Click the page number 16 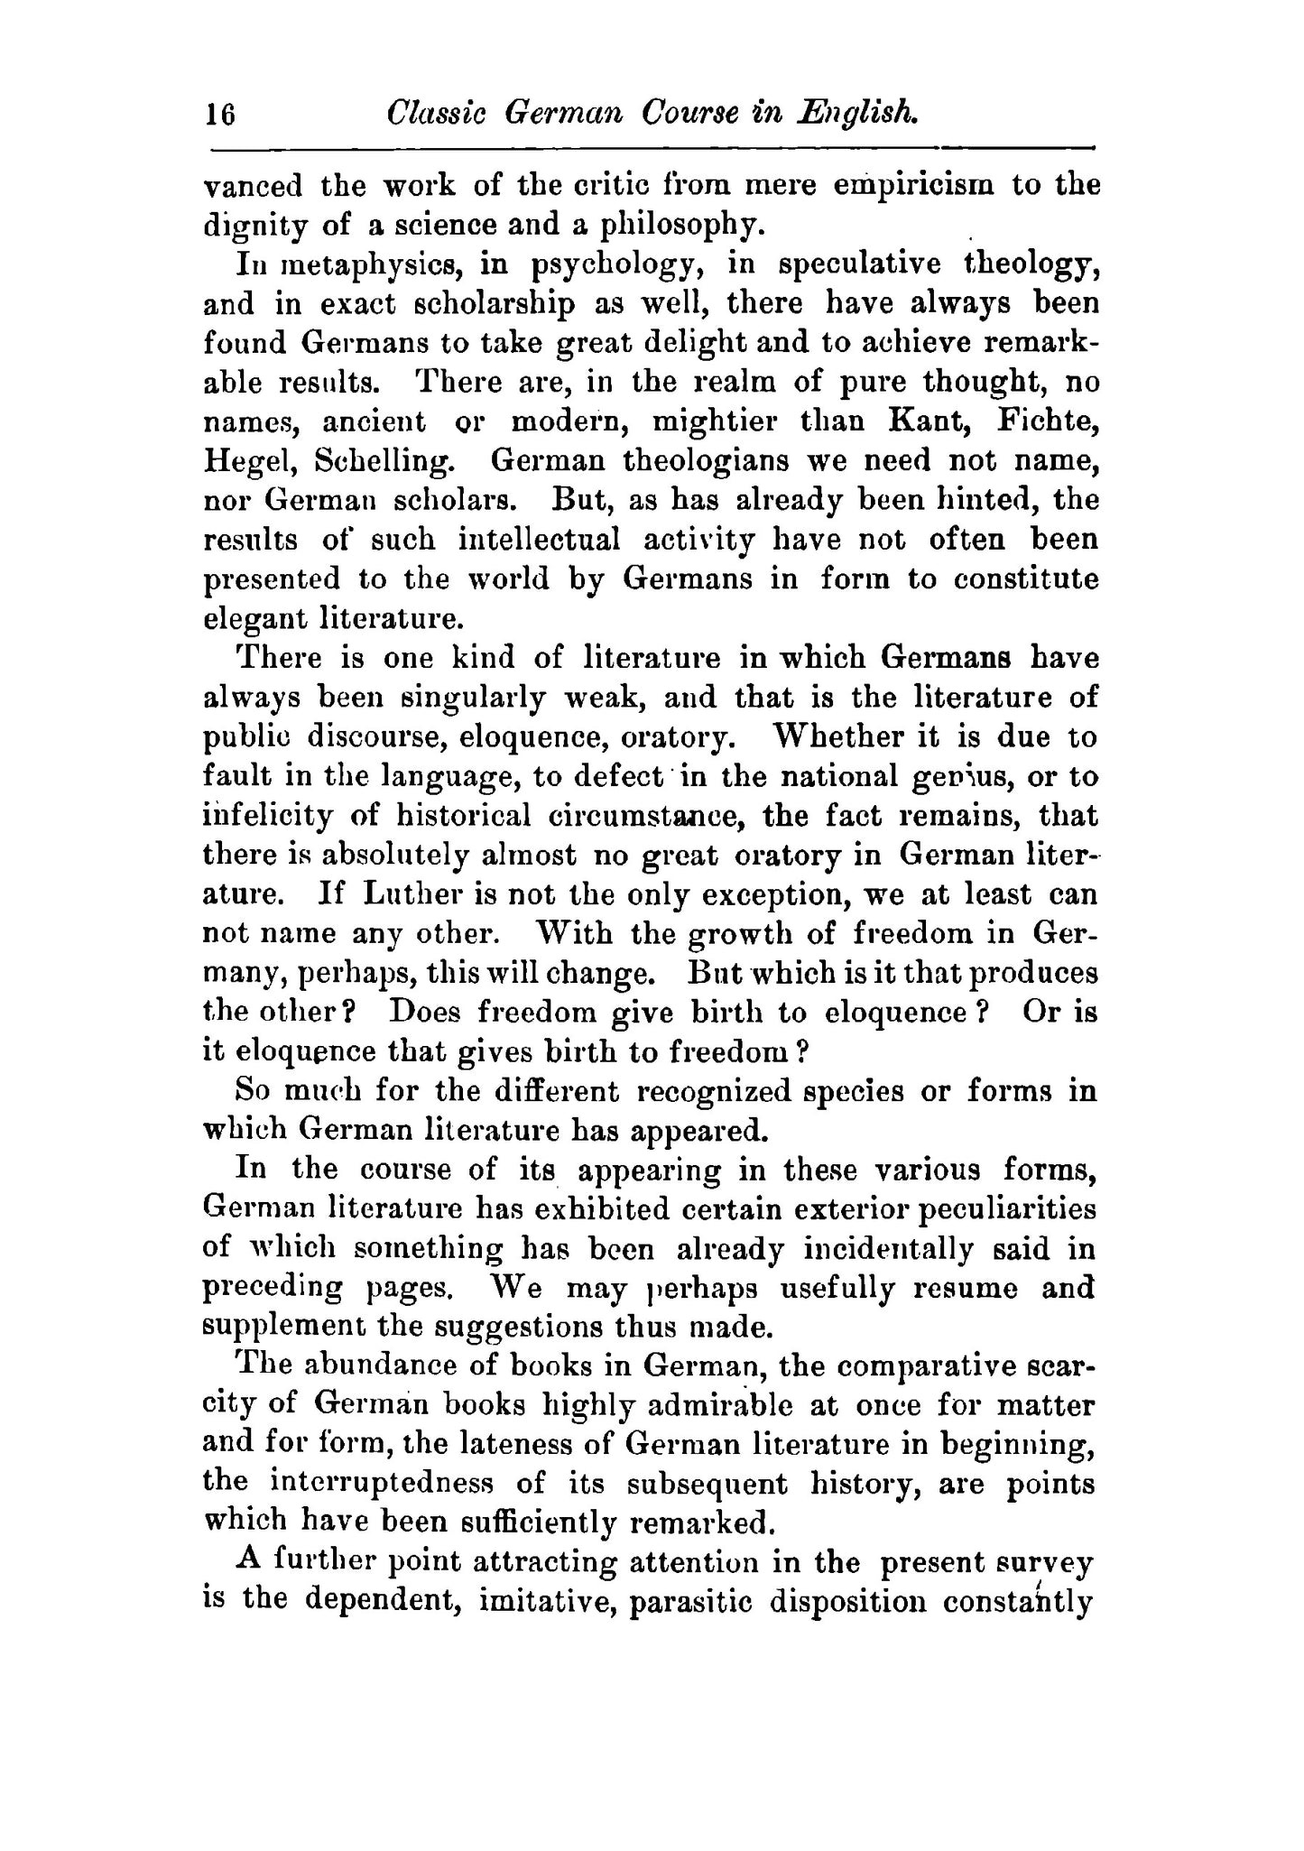point(220,116)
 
